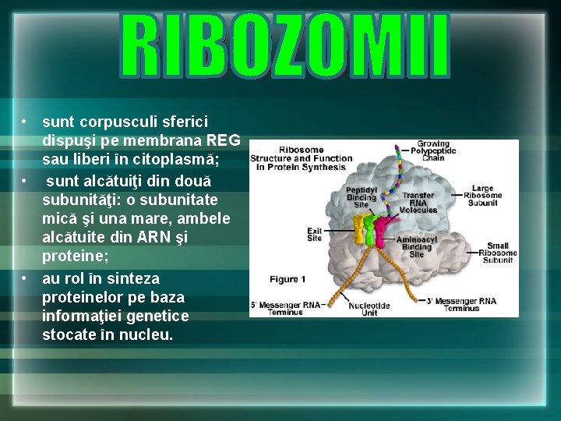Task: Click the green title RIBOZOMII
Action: pyautogui.click(x=285, y=46)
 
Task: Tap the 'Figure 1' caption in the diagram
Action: pyautogui.click(x=288, y=279)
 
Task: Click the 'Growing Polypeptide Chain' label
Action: pyautogui.click(x=437, y=150)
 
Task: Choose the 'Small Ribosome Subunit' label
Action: pyautogui.click(x=496, y=253)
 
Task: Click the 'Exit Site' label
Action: pyautogui.click(x=314, y=234)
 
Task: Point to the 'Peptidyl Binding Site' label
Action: pyautogui.click(x=361, y=196)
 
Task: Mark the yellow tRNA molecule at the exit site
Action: pyautogui.click(x=360, y=231)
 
